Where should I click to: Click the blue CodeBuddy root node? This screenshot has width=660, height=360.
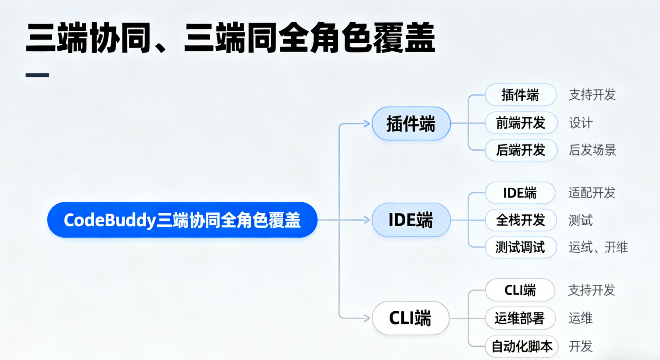[182, 220]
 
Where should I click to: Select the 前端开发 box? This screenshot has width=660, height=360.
[521, 123]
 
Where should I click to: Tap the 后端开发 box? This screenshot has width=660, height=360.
[521, 150]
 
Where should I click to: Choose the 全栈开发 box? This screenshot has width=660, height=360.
[521, 220]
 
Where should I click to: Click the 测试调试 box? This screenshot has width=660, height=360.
[521, 247]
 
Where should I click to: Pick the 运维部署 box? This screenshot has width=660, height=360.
[520, 318]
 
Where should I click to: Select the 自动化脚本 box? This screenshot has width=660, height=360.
[522, 346]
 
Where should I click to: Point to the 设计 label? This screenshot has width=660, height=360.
[581, 123]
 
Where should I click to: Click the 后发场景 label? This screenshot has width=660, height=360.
[592, 150]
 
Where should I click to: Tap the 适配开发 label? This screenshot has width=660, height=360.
[592, 193]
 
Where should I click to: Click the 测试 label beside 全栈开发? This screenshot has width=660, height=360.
[581, 220]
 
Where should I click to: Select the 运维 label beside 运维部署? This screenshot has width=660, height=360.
[581, 318]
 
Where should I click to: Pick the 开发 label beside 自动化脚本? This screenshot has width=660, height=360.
[581, 346]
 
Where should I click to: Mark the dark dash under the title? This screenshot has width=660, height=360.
[37, 75]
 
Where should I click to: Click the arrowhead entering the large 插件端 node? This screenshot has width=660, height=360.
[367, 124]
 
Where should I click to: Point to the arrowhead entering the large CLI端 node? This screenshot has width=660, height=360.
[367, 318]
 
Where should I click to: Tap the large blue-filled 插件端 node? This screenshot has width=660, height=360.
[411, 124]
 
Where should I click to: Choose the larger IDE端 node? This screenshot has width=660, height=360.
[411, 220]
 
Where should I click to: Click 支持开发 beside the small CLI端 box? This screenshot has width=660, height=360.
[591, 290]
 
